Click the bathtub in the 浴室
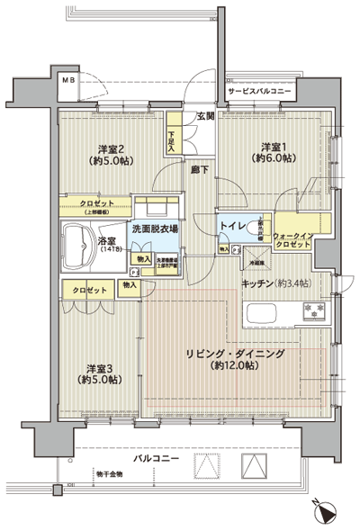point(76,247)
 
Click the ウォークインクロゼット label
point(294,238)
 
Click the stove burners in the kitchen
point(316,310)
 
